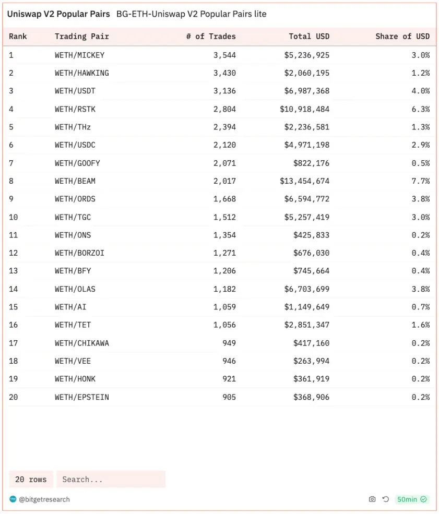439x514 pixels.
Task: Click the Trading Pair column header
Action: [81, 37]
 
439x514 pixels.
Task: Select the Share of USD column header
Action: [402, 37]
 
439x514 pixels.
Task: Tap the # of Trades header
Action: [211, 37]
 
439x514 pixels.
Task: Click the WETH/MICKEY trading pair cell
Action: [79, 55]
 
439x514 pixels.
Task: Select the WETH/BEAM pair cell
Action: [75, 181]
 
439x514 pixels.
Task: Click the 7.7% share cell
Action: [421, 181]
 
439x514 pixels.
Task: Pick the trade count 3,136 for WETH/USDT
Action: [224, 91]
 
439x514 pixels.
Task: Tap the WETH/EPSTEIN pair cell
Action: [81, 397]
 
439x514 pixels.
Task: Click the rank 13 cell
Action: [14, 271]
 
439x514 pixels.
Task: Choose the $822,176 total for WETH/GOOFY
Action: [311, 163]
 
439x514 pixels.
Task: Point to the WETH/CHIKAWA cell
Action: [81, 343]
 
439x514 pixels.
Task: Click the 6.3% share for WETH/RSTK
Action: [421, 109]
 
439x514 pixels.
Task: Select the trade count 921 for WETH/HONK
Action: [229, 379]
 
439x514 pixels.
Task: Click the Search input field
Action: [111, 479]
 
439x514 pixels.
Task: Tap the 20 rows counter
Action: [31, 479]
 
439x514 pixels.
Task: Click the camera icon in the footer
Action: [372, 499]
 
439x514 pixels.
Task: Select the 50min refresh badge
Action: [412, 499]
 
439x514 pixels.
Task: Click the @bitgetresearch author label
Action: [44, 499]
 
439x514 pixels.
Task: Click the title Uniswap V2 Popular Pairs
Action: [58, 14]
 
